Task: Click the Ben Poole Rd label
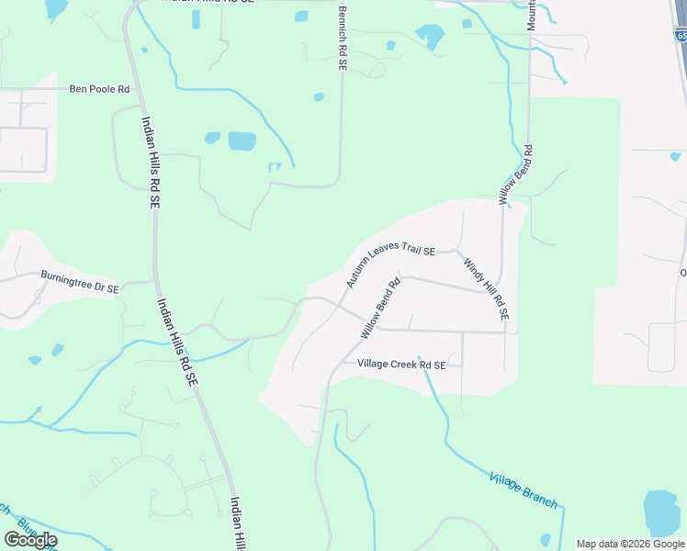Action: [100, 90]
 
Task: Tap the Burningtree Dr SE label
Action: [80, 281]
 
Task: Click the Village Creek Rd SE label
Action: [401, 365]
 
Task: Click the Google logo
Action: [30, 540]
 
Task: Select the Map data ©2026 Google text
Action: [631, 544]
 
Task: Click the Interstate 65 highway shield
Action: [681, 35]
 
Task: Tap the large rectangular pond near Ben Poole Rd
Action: [242, 141]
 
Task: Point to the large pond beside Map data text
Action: [661, 512]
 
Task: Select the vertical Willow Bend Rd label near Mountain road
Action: [516, 174]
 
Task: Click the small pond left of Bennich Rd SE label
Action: [301, 16]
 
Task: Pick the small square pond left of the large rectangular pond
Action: [212, 138]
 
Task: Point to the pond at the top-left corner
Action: [56, 8]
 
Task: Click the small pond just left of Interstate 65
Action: [676, 156]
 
